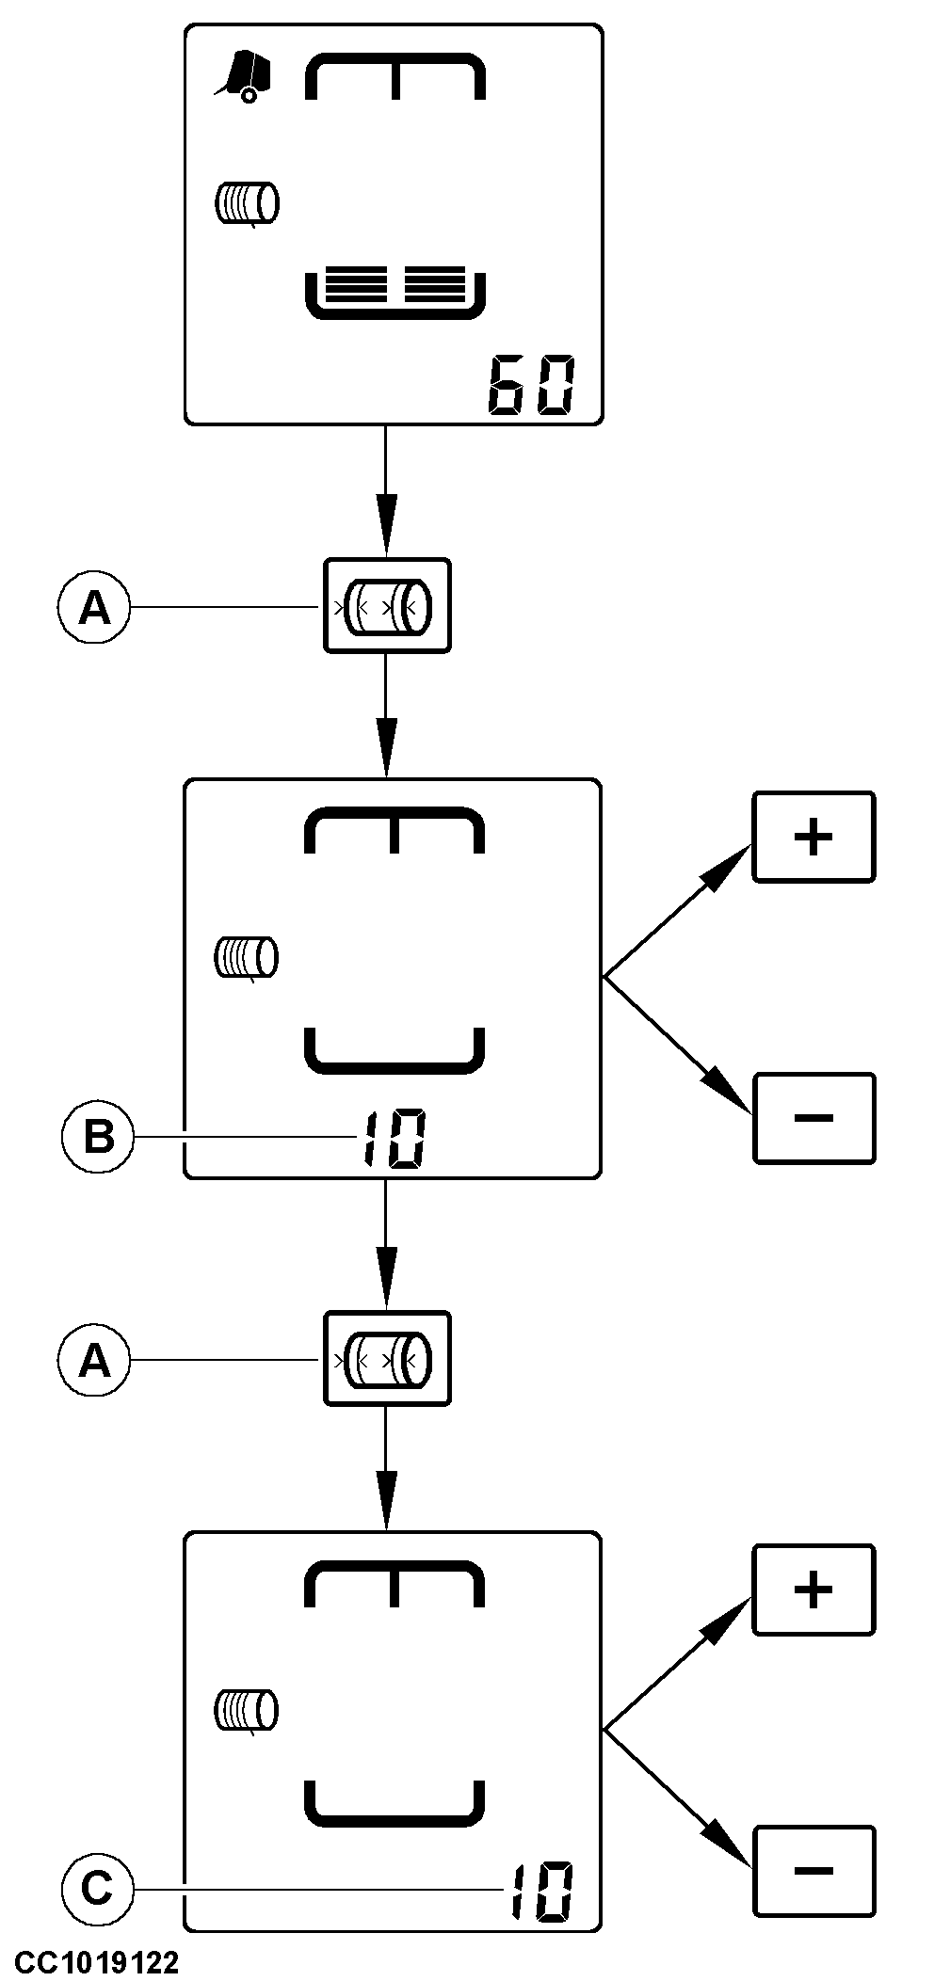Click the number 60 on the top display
click(531, 385)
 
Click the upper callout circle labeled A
click(93, 609)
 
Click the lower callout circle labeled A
click(93, 1361)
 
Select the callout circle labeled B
click(98, 1137)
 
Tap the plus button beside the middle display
click(813, 837)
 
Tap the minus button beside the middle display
click(813, 1118)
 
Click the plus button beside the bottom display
click(813, 1590)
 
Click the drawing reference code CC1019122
click(96, 1963)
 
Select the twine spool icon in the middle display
click(247, 958)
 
